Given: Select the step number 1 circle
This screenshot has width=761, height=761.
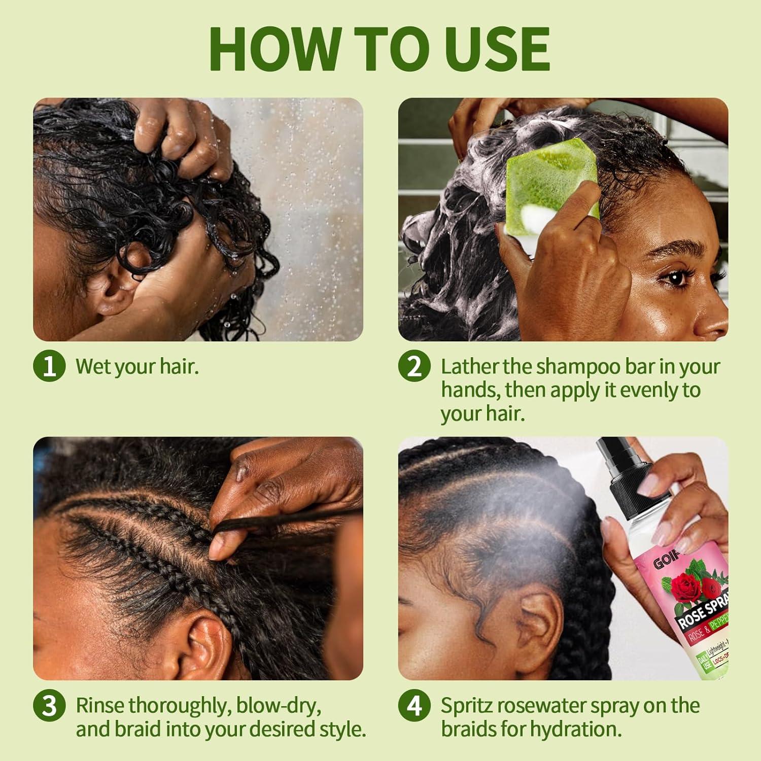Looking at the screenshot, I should pos(49,366).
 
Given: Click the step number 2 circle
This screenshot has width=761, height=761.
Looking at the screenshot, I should pos(414,366).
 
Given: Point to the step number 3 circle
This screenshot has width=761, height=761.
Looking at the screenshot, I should pos(49,705).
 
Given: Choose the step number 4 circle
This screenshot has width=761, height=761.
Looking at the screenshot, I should pos(414,705).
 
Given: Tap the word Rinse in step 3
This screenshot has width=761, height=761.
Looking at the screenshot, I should pos(100,705).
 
